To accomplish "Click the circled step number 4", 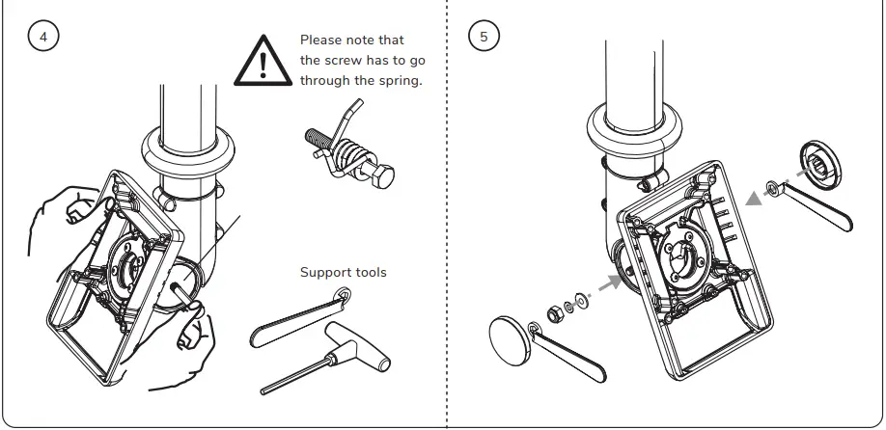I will [x=42, y=37].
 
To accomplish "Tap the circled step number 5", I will [x=484, y=37].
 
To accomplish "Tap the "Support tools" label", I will [x=343, y=273].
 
